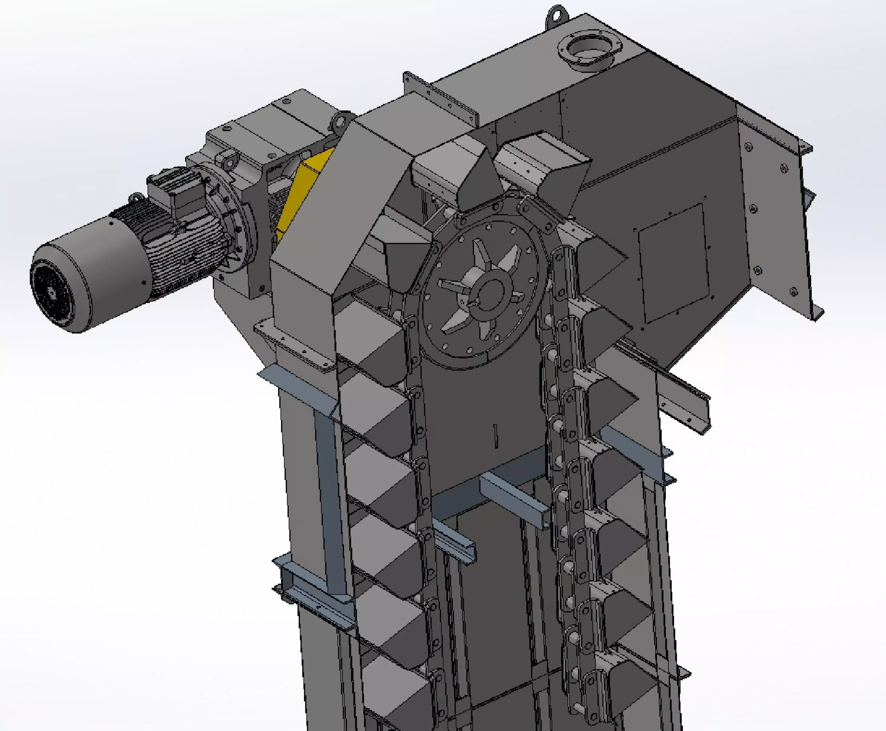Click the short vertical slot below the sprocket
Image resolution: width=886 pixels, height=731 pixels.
click(x=496, y=436)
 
